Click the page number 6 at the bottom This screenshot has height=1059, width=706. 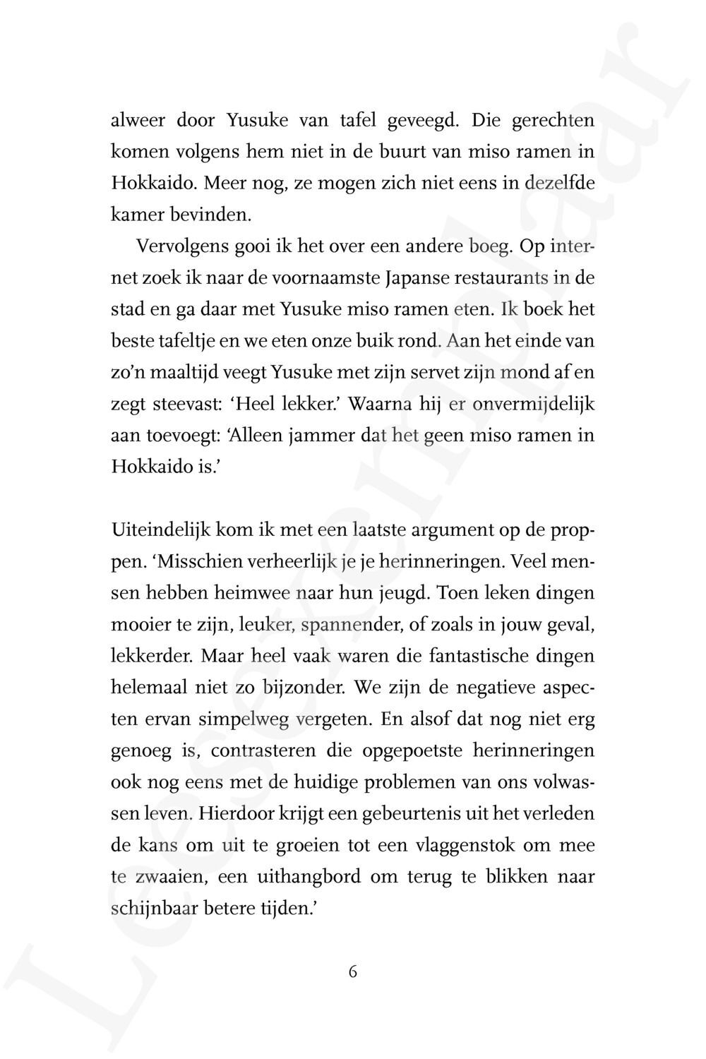(x=353, y=971)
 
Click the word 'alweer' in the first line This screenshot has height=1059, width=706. (x=138, y=121)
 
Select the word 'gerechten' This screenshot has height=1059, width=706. (x=553, y=121)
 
